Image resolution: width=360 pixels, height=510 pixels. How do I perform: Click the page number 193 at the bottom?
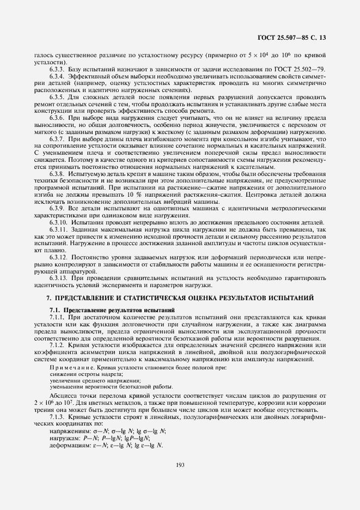(x=180, y=465)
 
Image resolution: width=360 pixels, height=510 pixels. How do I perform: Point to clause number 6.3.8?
(x=57, y=172)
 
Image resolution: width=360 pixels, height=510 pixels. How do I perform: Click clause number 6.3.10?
(x=58, y=222)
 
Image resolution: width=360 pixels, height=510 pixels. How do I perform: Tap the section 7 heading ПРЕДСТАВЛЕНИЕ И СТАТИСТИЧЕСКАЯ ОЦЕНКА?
(x=180, y=299)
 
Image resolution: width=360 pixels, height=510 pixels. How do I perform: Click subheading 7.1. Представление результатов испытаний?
(x=99, y=309)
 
